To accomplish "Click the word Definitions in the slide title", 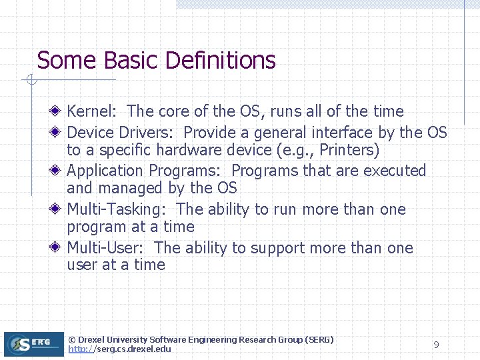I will [x=220, y=61].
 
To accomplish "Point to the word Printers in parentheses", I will [x=347, y=150].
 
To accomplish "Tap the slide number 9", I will [x=436, y=345].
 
